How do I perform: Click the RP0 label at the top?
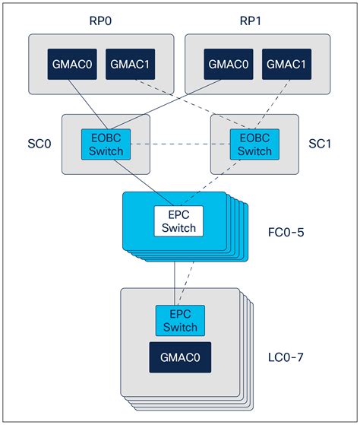click(x=99, y=17)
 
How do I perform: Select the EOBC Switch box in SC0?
click(x=106, y=144)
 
